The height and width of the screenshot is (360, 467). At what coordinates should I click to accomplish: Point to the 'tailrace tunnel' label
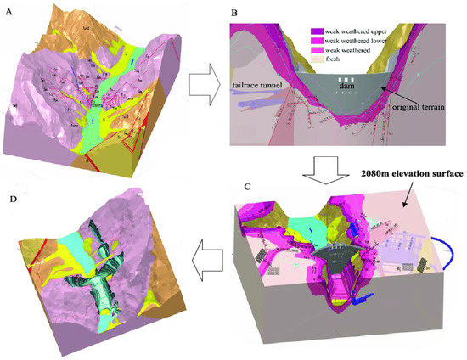point(256,84)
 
